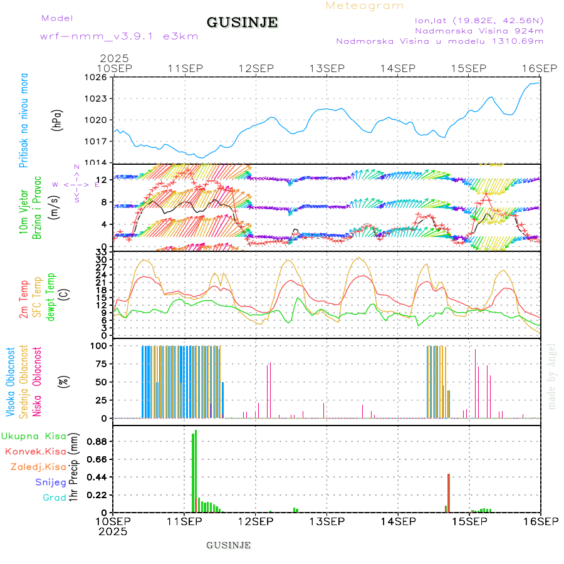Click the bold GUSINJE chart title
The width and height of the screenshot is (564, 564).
click(x=242, y=23)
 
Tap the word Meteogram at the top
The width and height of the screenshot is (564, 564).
click(x=365, y=6)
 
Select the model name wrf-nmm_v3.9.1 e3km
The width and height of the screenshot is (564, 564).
click(x=119, y=36)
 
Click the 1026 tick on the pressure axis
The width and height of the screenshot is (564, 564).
click(x=98, y=78)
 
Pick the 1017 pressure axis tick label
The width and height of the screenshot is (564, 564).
click(x=98, y=142)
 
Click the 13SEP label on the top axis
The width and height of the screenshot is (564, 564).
click(x=327, y=68)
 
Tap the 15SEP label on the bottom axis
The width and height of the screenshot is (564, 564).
click(x=469, y=521)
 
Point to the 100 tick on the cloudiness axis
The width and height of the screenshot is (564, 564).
click(x=100, y=345)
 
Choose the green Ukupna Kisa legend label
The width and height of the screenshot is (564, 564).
click(x=33, y=436)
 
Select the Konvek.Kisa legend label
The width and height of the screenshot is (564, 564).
click(x=35, y=451)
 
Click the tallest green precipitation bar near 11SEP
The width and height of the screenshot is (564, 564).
click(x=196, y=470)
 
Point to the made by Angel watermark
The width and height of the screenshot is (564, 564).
click(x=552, y=376)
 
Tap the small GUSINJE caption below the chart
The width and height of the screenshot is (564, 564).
click(x=229, y=545)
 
